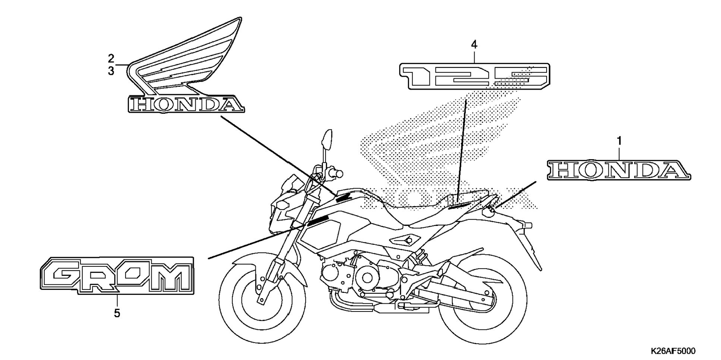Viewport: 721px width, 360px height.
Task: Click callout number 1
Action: (619, 141)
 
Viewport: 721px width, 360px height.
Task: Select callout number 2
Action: (111, 59)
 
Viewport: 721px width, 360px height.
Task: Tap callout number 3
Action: (111, 71)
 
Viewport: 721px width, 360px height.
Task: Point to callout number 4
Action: (474, 45)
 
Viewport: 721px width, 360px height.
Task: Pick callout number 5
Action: (117, 313)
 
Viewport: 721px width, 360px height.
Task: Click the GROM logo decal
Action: (117, 276)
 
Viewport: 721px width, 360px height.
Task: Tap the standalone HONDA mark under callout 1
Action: (618, 170)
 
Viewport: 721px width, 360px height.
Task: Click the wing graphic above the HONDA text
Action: (186, 60)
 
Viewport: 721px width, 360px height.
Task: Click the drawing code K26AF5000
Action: (673, 351)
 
